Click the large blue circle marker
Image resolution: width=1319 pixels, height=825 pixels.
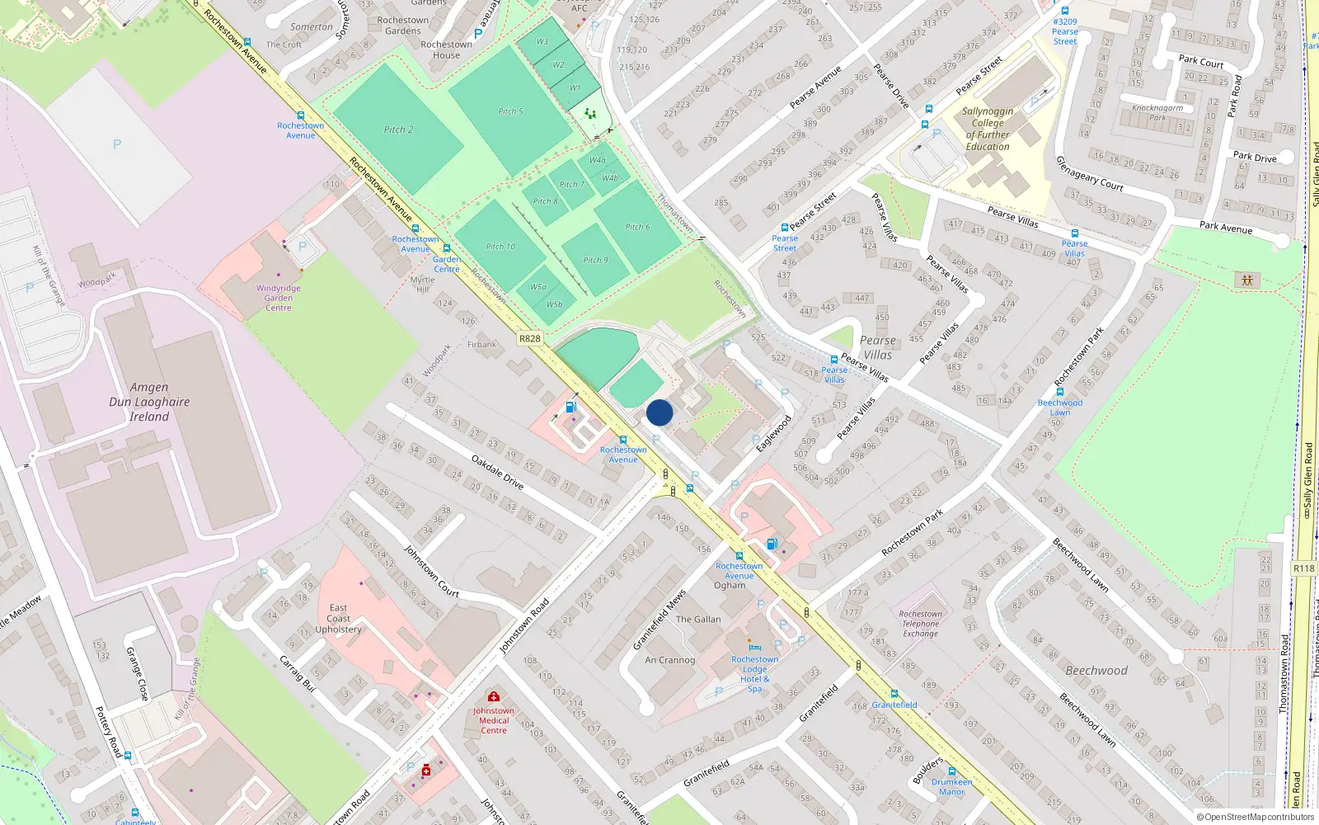coord(659,412)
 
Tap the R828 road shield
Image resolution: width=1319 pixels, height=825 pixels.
coord(530,338)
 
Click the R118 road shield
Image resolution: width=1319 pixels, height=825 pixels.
coord(1304,568)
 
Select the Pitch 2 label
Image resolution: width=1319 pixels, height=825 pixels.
coord(398,130)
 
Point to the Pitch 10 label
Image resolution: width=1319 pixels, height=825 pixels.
coord(500,247)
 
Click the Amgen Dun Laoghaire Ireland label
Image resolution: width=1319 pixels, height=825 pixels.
coord(149,402)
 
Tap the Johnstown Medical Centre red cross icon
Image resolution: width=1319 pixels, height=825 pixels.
coord(493,697)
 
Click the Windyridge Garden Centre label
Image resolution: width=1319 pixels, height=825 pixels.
coord(279,298)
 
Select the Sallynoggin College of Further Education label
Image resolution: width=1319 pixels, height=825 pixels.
coord(988,129)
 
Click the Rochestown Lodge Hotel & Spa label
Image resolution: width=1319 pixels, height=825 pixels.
coord(754,674)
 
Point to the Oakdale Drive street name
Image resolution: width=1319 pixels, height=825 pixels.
coord(497,472)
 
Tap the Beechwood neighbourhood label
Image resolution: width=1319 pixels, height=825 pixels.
coord(1096,671)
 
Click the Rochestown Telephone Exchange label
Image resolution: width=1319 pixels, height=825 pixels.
coord(920,624)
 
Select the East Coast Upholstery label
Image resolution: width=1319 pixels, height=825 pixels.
coord(338,619)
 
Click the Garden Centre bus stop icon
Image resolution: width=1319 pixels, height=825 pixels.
coord(447,248)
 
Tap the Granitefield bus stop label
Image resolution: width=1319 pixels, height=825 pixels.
coord(894,705)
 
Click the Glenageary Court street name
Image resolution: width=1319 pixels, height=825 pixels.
coord(1090,173)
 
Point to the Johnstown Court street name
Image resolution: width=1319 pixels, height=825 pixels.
coord(431,571)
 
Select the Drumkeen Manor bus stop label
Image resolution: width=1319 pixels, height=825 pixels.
coord(951,786)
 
